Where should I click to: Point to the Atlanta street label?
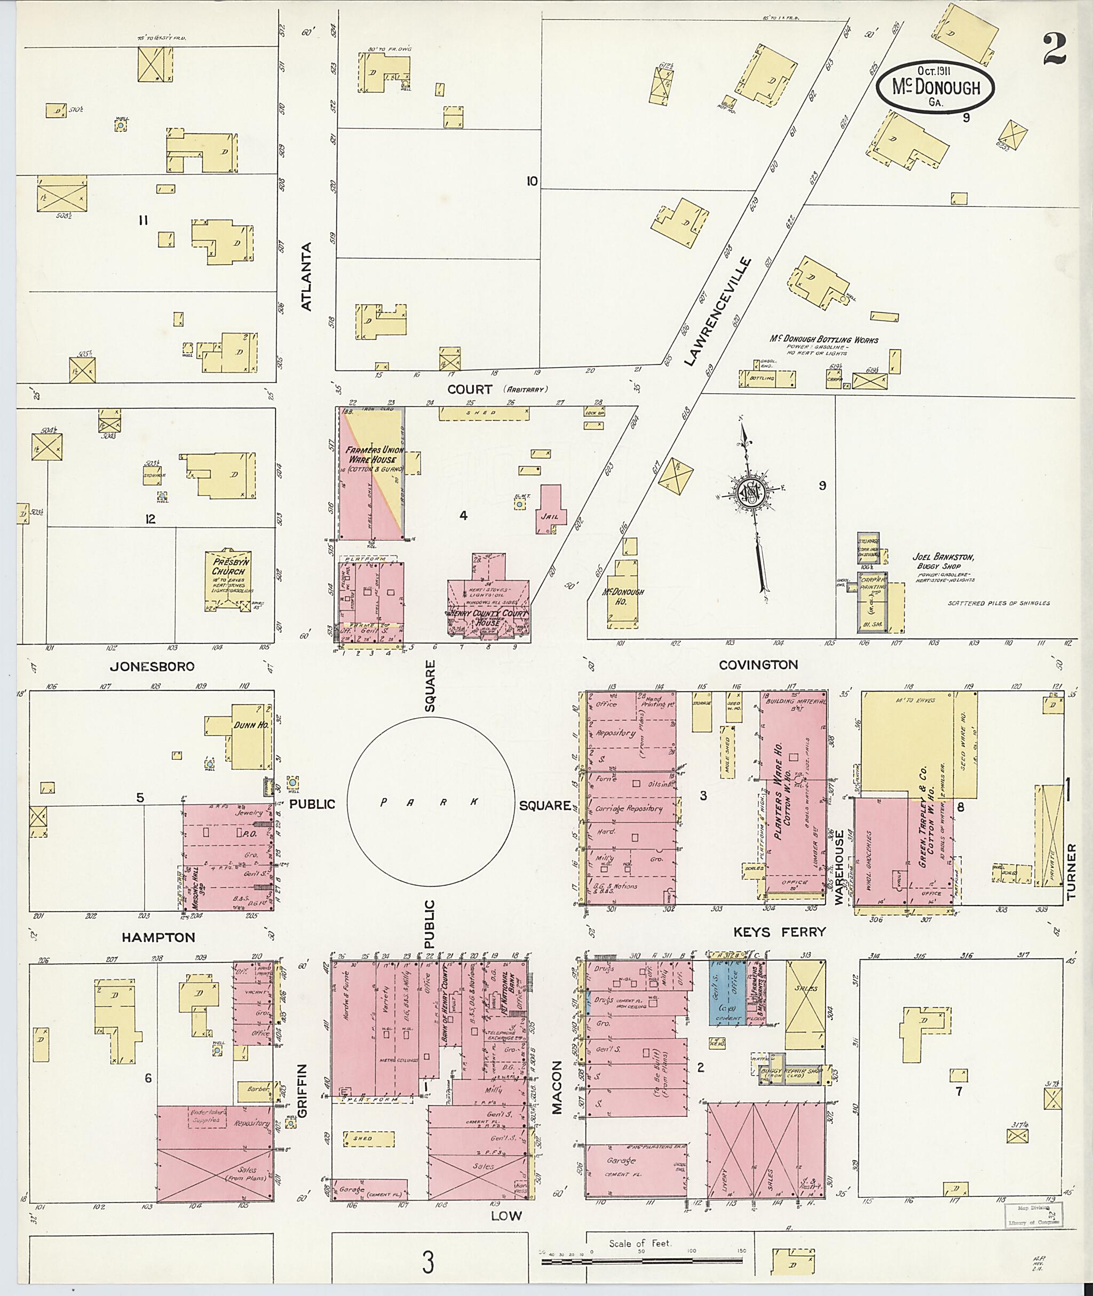coord(307,276)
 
